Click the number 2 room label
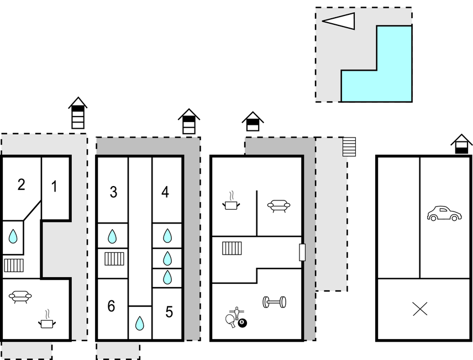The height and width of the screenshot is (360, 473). pos(21,184)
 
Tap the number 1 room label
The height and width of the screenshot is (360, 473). pos(54,187)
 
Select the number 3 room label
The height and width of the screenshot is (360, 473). pos(113,192)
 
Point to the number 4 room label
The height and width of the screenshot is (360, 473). pos(165,192)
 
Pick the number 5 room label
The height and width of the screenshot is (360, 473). pos(169,312)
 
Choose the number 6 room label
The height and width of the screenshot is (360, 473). pos(111,306)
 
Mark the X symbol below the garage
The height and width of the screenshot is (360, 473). pos(420,309)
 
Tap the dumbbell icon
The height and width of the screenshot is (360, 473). pos(274,302)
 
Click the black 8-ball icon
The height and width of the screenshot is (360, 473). pos(242,322)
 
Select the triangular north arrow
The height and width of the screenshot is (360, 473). pos(339,21)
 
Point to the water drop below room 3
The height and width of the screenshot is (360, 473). pos(112,237)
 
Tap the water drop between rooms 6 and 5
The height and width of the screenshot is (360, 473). pos(140,322)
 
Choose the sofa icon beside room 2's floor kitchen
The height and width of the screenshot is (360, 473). pos(20,297)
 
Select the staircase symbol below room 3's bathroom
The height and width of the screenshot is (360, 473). pos(113,258)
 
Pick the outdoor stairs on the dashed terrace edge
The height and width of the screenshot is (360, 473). pos(349,146)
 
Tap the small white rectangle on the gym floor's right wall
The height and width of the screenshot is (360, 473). pos(302,252)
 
